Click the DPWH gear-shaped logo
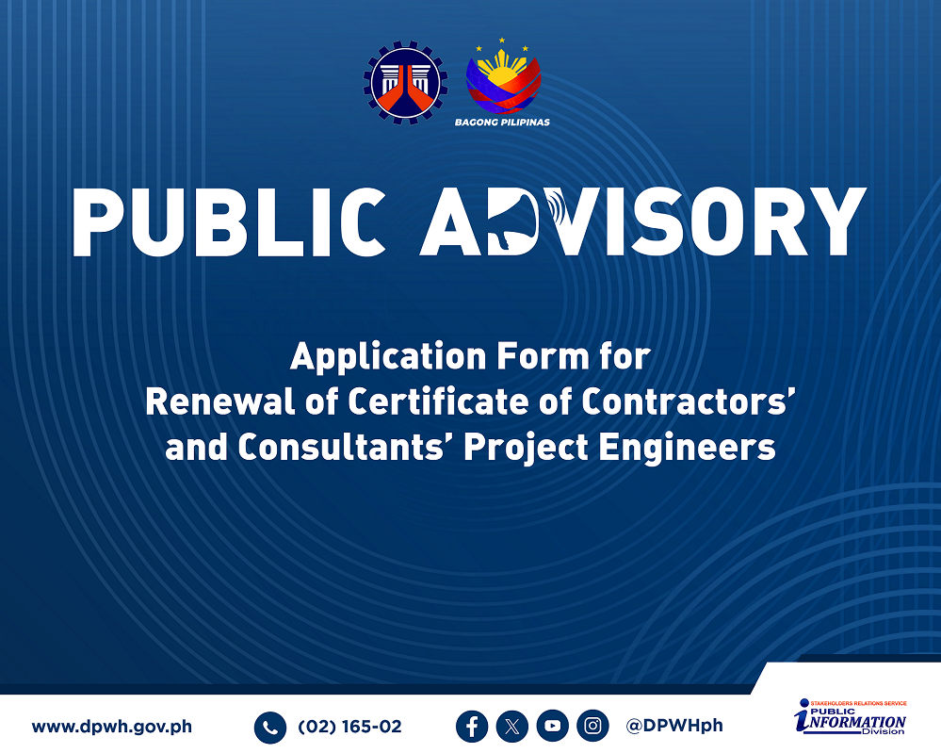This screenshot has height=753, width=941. (406, 82)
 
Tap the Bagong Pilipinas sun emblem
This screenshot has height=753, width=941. (504, 76)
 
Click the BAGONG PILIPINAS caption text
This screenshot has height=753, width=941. (502, 122)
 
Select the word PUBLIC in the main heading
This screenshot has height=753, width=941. (229, 222)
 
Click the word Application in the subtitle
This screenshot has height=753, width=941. (388, 357)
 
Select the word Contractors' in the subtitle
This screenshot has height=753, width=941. (689, 401)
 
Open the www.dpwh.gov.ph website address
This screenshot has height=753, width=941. (112, 727)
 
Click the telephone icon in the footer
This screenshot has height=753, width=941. (270, 728)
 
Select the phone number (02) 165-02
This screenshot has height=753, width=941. (349, 727)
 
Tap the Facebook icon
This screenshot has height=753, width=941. (472, 727)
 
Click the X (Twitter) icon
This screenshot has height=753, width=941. (511, 727)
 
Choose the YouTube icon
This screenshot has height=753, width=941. (553, 727)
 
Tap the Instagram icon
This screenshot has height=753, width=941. (592, 727)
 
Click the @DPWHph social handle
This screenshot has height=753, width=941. (673, 726)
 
